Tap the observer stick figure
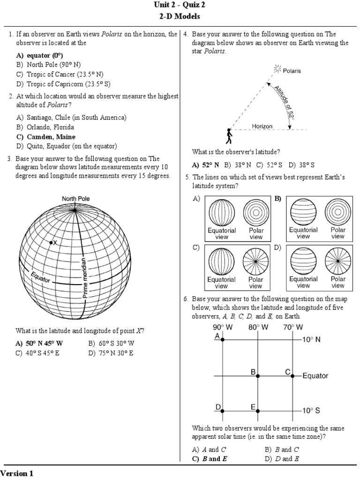229,136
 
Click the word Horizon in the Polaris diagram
262,126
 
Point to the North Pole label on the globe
76,199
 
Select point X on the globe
51,242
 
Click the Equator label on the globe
40,277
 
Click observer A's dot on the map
223,339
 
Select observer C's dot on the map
292,375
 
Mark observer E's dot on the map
258,411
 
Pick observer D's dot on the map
223,411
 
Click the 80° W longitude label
258,327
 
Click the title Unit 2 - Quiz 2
180,6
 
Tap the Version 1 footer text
17,473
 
